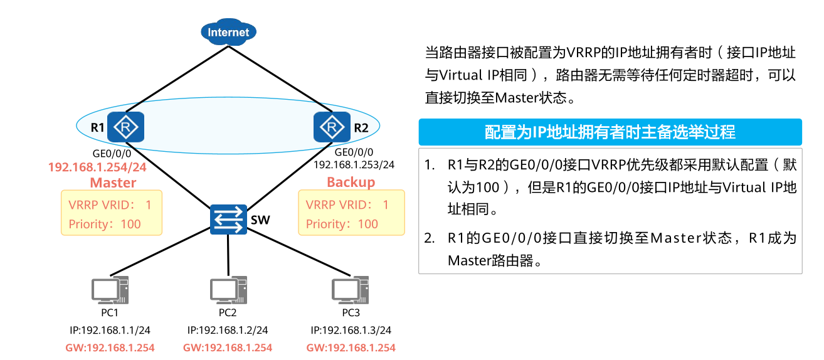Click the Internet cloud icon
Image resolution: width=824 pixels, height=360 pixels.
[228, 33]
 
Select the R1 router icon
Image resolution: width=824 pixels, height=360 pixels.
[126, 127]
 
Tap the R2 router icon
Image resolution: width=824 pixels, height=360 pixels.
[331, 127]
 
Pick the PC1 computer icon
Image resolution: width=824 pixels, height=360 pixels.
[110, 290]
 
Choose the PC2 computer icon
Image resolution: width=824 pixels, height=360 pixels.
[228, 290]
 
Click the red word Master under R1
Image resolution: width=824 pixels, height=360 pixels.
[113, 183]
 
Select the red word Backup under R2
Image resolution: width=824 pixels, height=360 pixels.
[351, 182]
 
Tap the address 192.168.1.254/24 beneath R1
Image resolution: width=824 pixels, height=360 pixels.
[97, 167]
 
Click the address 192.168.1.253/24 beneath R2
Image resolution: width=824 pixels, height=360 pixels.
[354, 164]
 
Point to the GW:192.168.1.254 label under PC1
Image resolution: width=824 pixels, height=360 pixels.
[110, 347]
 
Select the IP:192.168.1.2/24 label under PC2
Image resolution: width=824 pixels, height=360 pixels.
[228, 330]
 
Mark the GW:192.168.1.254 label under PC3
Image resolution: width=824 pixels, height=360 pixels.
[351, 347]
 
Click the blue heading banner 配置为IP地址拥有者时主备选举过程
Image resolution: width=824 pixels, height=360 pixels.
[610, 132]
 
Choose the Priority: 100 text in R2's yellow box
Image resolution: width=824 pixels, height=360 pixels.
[342, 224]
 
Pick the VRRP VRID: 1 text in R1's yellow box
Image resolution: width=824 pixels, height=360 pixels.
[110, 205]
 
